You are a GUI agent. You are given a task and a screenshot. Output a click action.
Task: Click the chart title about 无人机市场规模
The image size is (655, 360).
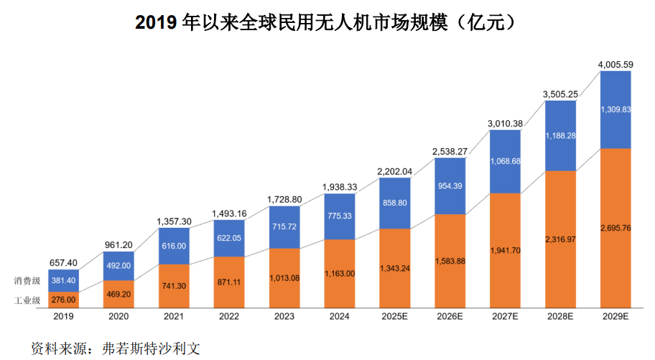click(327, 23)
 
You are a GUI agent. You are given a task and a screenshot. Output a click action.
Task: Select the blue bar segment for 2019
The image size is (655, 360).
click(64, 280)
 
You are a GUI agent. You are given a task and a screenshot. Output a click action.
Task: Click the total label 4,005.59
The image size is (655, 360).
click(615, 65)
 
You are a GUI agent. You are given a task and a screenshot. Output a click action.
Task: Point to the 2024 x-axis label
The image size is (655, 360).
click(340, 315)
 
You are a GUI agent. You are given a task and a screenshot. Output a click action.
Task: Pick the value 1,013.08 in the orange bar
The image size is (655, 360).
click(284, 278)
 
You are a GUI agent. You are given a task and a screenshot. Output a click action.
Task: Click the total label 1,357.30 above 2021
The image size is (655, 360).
click(174, 221)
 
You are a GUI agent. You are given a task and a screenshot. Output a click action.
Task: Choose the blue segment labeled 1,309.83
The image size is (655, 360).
click(615, 109)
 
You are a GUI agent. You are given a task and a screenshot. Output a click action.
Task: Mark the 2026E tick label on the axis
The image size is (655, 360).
click(450, 315)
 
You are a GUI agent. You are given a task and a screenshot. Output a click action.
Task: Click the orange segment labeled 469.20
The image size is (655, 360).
click(119, 293)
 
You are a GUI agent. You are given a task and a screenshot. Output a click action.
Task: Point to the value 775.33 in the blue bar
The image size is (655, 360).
click(340, 216)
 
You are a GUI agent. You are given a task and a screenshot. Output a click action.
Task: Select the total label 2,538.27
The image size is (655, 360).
click(450, 152)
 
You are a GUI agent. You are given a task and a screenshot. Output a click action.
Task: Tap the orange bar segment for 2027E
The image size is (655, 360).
click(506, 251)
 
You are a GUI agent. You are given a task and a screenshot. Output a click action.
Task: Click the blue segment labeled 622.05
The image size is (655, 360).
click(229, 237)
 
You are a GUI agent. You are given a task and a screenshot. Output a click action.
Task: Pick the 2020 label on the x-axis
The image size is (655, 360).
click(119, 315)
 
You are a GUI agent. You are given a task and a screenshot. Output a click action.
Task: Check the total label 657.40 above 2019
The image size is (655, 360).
click(64, 264)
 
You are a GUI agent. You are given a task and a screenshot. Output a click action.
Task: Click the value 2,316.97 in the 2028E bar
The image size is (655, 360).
click(561, 239)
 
